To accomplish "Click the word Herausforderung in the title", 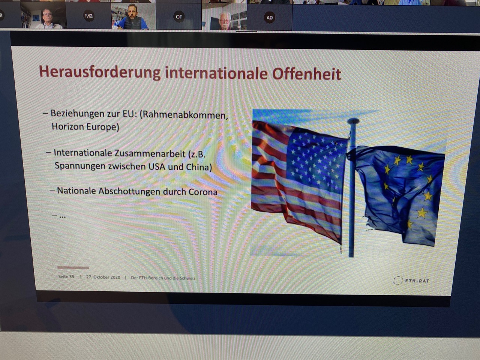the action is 100,72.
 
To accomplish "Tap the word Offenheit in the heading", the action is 307,73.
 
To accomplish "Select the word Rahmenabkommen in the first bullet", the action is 184,115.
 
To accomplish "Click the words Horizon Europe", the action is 85,127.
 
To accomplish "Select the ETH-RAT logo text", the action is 417,281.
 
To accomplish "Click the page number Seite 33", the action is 66,277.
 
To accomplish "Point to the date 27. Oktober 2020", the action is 103,277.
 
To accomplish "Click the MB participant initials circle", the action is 89,16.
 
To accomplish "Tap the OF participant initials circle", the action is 179,16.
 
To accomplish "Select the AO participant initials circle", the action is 269,18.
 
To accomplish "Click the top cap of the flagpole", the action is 353,120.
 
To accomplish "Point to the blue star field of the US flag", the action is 316,163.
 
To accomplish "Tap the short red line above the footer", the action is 73,267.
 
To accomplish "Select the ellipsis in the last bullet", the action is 62,217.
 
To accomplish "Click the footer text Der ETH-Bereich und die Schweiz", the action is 163,278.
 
